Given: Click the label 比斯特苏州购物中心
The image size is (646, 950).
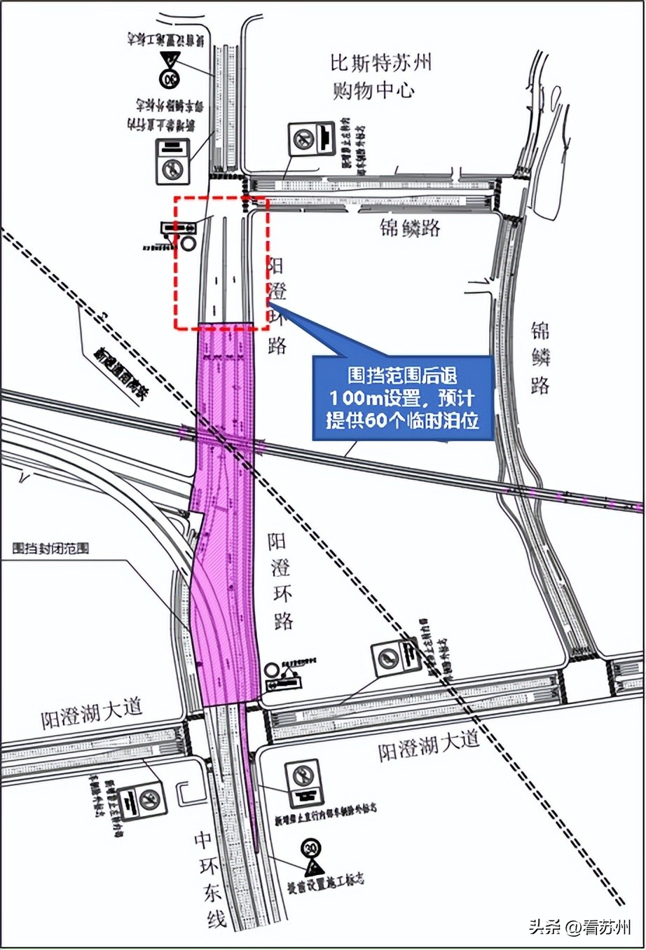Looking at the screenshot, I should click(x=381, y=76).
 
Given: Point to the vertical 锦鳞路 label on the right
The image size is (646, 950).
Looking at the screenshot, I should click(x=540, y=357).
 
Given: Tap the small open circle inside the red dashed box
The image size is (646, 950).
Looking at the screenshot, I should click(x=188, y=244).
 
